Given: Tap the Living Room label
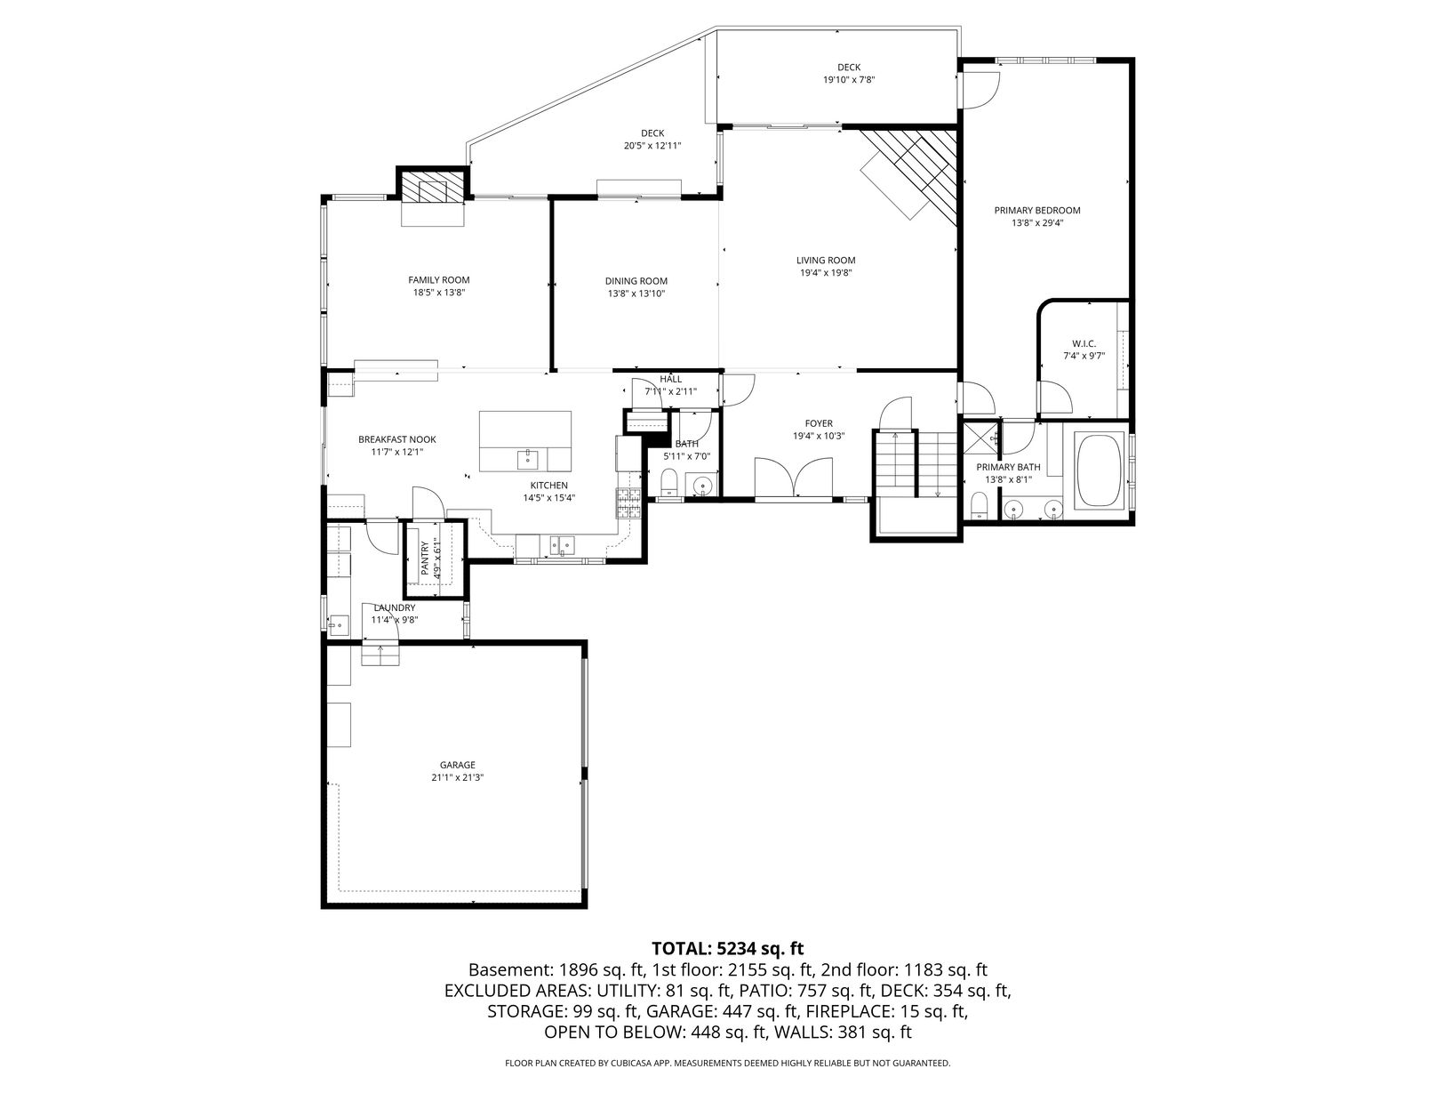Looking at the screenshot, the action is [x=826, y=261].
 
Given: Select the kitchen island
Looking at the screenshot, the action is [x=525, y=441].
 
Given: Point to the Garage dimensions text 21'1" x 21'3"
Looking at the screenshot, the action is [x=458, y=777].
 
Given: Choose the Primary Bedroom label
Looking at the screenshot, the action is [x=1037, y=211].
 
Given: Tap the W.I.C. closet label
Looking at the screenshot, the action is [x=1084, y=343].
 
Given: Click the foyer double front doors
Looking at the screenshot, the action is [x=794, y=478].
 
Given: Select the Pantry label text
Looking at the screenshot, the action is [x=425, y=559].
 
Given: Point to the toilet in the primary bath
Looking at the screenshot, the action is [x=979, y=506].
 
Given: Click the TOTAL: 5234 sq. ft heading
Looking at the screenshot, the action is [x=728, y=948].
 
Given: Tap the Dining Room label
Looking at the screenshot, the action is [x=636, y=281].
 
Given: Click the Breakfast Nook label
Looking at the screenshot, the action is [x=397, y=439].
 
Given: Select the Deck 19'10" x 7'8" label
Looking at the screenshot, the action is [x=849, y=73].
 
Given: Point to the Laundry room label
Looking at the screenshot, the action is [x=394, y=607].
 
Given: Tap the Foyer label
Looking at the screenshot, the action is [x=819, y=423].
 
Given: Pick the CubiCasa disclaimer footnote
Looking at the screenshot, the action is [x=728, y=1063].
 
